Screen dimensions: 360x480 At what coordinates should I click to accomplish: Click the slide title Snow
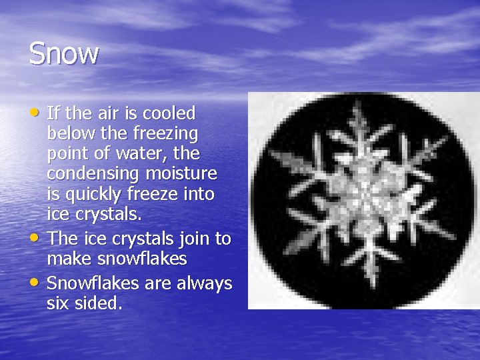tap(64, 53)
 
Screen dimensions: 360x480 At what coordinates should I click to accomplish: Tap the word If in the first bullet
tap(53, 113)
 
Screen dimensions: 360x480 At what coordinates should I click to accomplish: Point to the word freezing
tap(167, 135)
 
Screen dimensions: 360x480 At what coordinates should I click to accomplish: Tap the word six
tap(58, 304)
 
